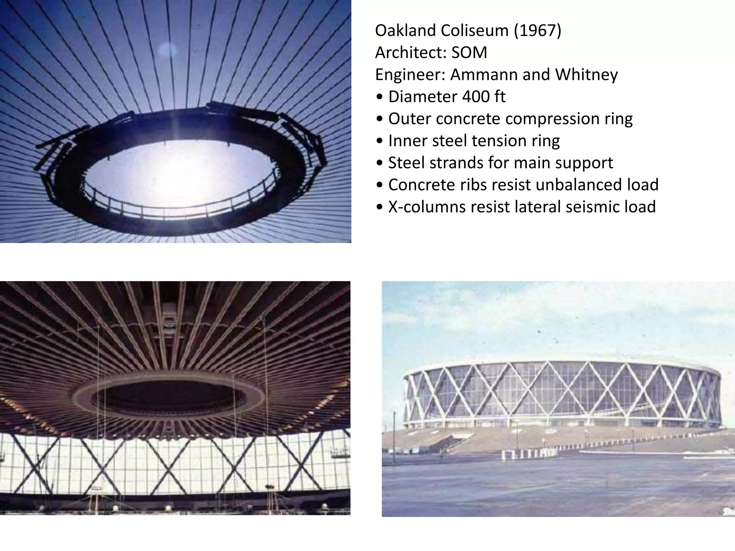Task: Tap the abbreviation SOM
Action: (469, 53)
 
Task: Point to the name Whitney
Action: (586, 75)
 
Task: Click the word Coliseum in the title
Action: (474, 30)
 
